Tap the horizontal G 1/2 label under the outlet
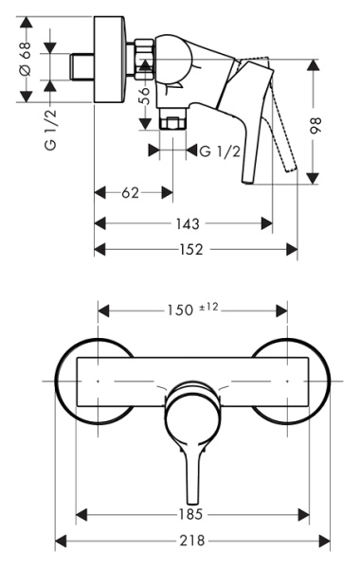pyautogui.click(x=217, y=151)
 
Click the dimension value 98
pyautogui.click(x=315, y=125)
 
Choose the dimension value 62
pyautogui.click(x=131, y=193)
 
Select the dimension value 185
pyautogui.click(x=194, y=515)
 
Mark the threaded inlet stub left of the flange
pyautogui.click(x=84, y=67)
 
